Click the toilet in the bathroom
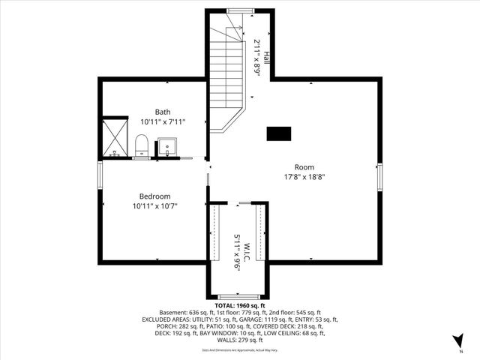pyautogui.click(x=141, y=144)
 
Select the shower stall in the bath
pyautogui.click(x=116, y=136)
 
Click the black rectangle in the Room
pyautogui.click(x=278, y=133)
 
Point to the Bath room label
pyautogui.click(x=163, y=111)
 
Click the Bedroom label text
pyautogui.click(x=155, y=196)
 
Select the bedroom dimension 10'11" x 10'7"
pyautogui.click(x=155, y=205)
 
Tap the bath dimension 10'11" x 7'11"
pyautogui.click(x=163, y=121)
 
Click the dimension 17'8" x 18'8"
pyautogui.click(x=304, y=177)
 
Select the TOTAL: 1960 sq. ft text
pyautogui.click(x=239, y=306)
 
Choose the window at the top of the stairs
pyautogui.click(x=240, y=10)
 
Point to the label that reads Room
pyautogui.click(x=304, y=167)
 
